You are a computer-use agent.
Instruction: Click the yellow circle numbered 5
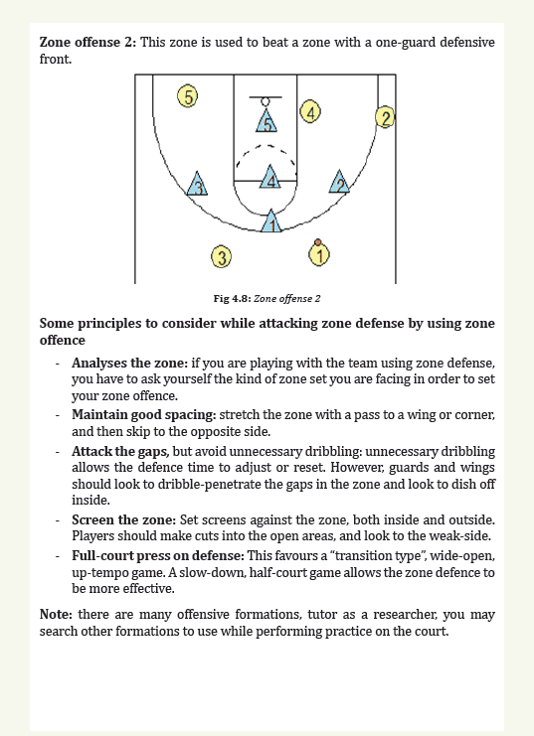point(188,96)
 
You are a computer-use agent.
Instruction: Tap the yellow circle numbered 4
point(310,111)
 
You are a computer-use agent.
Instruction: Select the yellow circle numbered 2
point(385,117)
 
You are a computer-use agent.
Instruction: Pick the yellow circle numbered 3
point(222,256)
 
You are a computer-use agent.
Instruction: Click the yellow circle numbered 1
point(319,255)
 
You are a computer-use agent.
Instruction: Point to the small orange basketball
point(318,242)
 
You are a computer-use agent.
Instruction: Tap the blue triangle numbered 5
point(267,121)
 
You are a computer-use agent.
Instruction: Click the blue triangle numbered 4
point(270,177)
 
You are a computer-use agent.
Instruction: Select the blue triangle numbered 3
point(197,184)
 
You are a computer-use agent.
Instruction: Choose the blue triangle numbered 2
point(339,182)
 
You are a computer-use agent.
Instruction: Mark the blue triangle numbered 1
point(271,221)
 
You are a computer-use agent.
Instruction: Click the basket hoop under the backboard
point(266,102)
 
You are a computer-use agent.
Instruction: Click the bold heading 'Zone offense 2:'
point(88,43)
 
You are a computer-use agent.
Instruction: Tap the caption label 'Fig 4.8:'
point(233,299)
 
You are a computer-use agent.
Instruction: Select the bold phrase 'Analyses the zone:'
point(129,363)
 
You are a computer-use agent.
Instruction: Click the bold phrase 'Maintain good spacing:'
point(144,415)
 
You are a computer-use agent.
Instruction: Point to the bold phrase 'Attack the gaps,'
point(120,452)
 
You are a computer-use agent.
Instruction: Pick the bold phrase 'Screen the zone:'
point(123,520)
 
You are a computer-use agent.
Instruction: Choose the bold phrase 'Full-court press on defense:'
point(158,556)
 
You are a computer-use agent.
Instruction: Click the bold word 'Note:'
point(56,615)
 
